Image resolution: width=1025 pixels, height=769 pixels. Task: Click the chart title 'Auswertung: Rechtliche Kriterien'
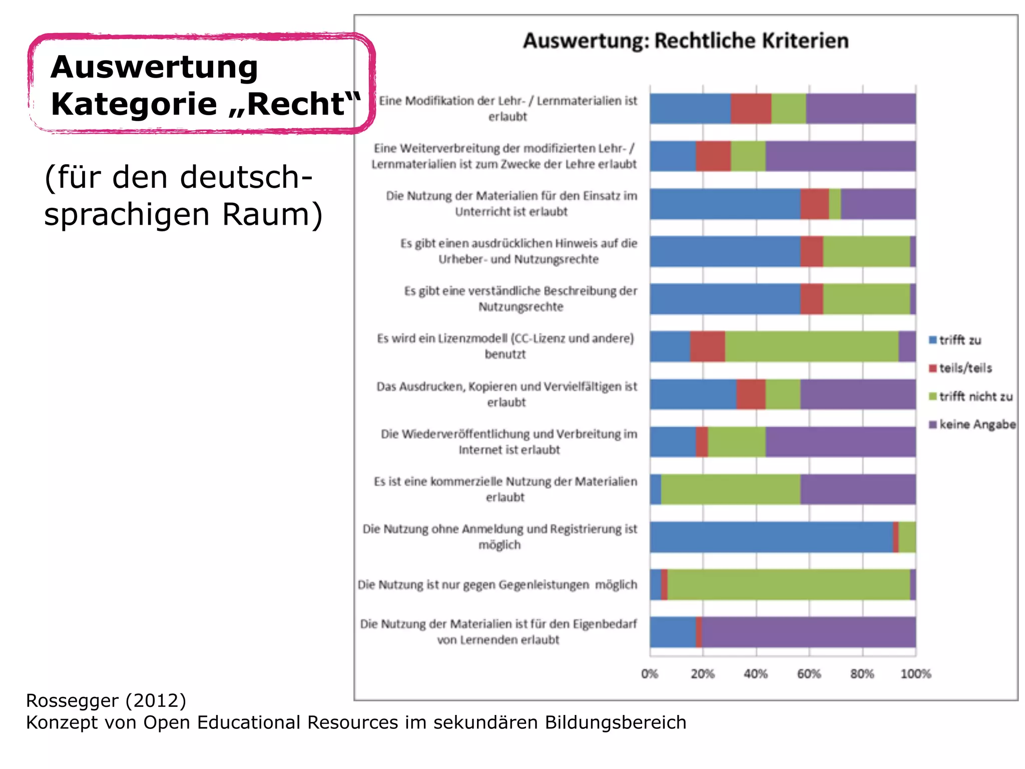pyautogui.click(x=685, y=41)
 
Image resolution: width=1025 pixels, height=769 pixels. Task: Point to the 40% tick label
pyautogui.click(x=756, y=674)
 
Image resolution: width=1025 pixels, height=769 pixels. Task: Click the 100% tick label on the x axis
pyautogui.click(x=915, y=674)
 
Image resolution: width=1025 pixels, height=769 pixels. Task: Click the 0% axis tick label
pyautogui.click(x=650, y=674)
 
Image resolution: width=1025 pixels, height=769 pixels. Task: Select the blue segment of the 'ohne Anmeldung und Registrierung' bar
pyautogui.click(x=771, y=537)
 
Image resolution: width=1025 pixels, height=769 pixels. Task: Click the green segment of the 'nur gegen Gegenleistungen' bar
pyautogui.click(x=788, y=585)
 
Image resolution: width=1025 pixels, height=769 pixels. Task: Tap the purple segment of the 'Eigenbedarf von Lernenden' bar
pyautogui.click(x=808, y=632)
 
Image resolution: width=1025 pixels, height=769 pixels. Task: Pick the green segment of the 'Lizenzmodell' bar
pyautogui.click(x=811, y=346)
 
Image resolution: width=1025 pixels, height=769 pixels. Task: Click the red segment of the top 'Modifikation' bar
pyautogui.click(x=751, y=109)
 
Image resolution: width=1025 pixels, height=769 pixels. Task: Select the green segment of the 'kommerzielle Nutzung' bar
pyautogui.click(x=730, y=489)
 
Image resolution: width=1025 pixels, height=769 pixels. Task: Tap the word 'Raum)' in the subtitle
pyautogui.click(x=272, y=214)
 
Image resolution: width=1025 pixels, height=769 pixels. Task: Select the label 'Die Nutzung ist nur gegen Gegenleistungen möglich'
pyautogui.click(x=497, y=585)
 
